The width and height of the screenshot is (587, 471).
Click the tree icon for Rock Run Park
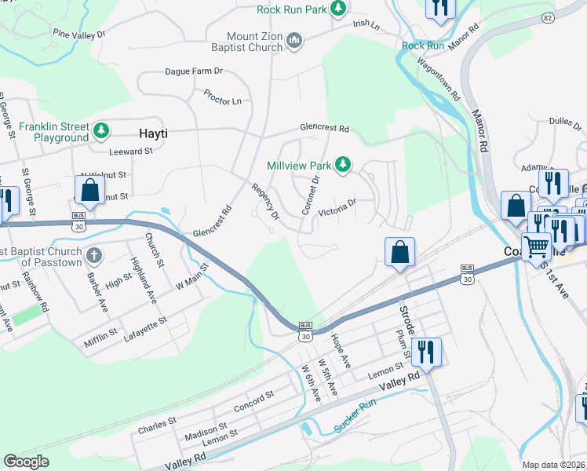(x=337, y=9)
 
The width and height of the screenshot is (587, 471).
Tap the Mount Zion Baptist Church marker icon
(x=295, y=40)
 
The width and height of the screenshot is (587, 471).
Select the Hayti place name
(x=153, y=133)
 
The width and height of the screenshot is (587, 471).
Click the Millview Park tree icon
(x=342, y=165)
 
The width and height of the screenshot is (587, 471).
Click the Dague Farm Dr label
(x=194, y=71)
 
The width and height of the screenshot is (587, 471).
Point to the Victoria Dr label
(x=337, y=205)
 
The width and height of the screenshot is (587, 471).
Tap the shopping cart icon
(x=537, y=246)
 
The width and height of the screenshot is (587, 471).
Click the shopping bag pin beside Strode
(x=399, y=253)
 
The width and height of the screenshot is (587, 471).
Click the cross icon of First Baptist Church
(x=93, y=255)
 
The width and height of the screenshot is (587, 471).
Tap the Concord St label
(x=253, y=402)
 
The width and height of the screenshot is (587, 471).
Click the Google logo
(x=27, y=462)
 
